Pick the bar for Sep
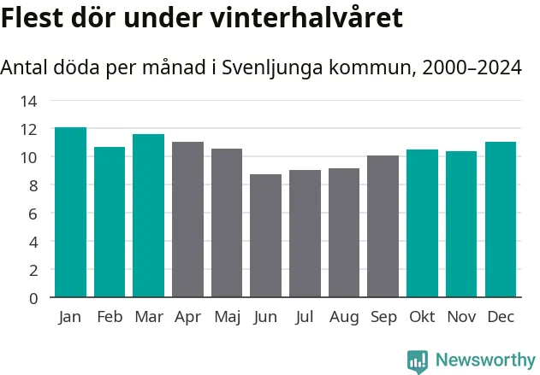tap(383, 226)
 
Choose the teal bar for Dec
tap(501, 220)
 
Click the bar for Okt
tap(422, 223)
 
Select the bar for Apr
tap(187, 220)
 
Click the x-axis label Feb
tap(110, 317)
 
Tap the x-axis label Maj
tap(227, 317)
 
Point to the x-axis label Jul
tap(305, 317)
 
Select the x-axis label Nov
tap(461, 317)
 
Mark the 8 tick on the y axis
tap(33, 185)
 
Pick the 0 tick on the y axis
tap(33, 298)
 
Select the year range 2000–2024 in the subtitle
tap(468, 67)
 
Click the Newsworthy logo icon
tap(418, 360)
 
